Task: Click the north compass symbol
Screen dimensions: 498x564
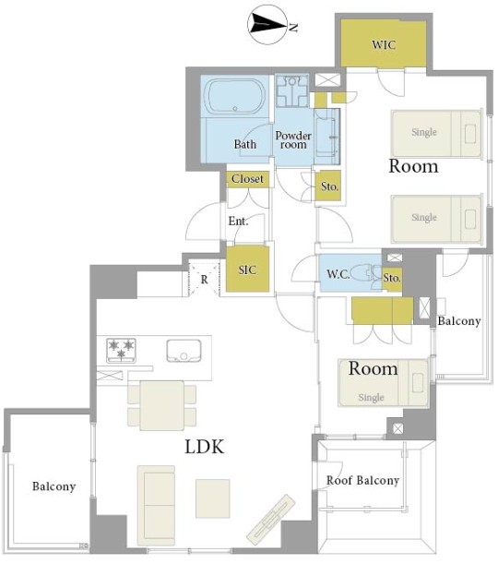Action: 267,24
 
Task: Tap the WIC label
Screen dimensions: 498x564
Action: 384,44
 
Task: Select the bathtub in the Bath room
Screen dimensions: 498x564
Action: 234,96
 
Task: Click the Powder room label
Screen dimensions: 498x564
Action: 293,140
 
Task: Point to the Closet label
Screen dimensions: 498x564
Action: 247,179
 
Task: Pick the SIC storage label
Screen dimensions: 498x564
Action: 247,270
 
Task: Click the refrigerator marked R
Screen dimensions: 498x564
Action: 204,279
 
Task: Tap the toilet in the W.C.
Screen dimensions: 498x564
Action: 363,274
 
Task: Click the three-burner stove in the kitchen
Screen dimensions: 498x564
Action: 121,350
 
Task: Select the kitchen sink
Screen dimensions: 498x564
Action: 184,351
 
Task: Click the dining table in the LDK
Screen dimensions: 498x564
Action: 162,405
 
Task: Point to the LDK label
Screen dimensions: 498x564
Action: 205,447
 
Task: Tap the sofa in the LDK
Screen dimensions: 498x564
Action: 156,505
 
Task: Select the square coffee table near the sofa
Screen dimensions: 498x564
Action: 213,498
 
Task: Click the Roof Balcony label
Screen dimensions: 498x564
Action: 363,480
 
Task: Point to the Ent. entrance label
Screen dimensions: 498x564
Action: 238,222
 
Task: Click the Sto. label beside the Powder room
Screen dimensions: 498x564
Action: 329,186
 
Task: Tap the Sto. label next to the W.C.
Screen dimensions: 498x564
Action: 392,278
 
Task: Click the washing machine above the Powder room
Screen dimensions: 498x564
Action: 291,91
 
